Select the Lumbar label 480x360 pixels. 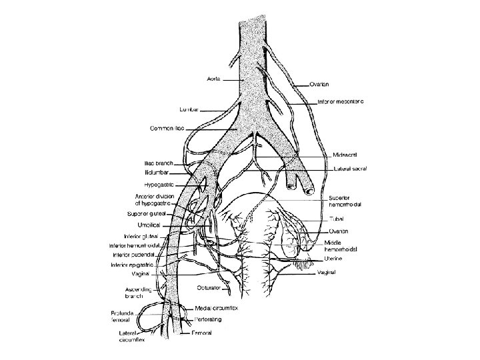(x=190, y=108)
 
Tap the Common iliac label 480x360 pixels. (x=167, y=127)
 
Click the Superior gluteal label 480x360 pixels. (x=147, y=214)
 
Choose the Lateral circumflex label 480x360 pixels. (x=130, y=335)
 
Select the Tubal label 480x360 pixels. (x=335, y=218)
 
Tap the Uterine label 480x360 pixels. (x=335, y=259)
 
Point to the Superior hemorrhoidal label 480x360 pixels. (x=345, y=201)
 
